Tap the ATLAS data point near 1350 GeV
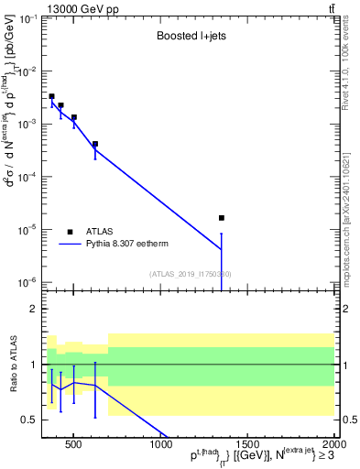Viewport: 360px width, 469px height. [222, 218]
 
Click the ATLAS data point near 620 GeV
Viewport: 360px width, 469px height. [95, 144]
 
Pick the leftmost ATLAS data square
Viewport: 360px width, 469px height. [52, 96]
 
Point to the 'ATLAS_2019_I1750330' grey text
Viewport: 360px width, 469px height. [190, 274]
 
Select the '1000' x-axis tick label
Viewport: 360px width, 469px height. [161, 445]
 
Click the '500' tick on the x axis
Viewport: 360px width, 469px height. [75, 445]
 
